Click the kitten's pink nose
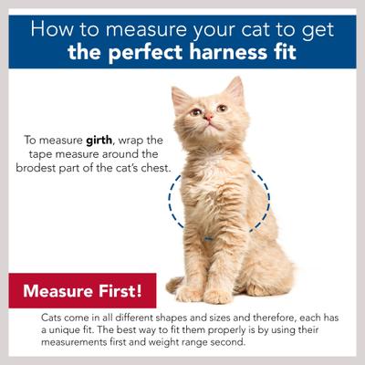[208, 118]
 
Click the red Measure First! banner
[82, 292]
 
